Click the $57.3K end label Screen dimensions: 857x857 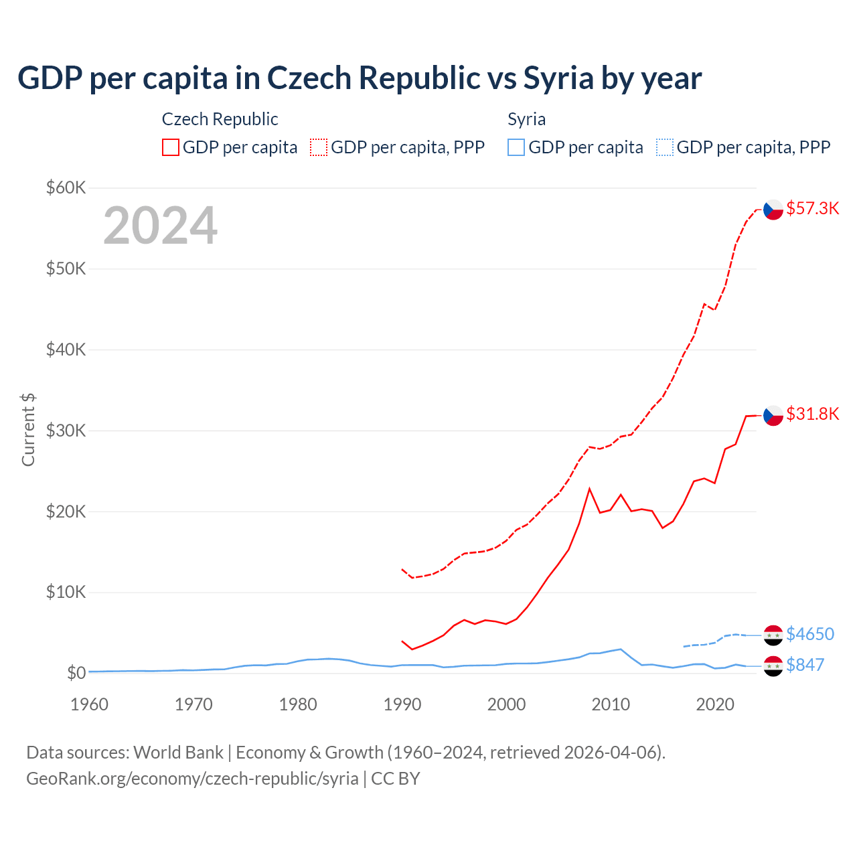[x=812, y=208]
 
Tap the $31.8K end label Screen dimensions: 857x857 [x=812, y=414]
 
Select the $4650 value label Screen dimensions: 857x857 [x=810, y=634]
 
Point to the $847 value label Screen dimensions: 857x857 [x=805, y=665]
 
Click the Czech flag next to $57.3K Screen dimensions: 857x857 [x=773, y=210]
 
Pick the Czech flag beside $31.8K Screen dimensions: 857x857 [x=773, y=415]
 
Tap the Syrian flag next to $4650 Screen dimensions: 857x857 [x=773, y=635]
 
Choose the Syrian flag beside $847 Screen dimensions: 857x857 [x=773, y=666]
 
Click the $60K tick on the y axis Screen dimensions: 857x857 [x=66, y=187]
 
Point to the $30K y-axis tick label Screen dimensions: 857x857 [x=66, y=431]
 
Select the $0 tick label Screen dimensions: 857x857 [x=76, y=673]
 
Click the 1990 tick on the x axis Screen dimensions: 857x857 [x=402, y=704]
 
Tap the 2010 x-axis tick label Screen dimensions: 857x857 [x=611, y=704]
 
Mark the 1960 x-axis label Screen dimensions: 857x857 [x=89, y=704]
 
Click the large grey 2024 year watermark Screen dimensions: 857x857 [x=161, y=226]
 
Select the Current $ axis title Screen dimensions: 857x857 [x=28, y=429]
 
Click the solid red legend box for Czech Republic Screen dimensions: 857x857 [x=171, y=147]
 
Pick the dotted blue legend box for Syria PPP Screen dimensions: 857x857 [x=665, y=147]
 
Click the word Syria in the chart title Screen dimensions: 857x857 [x=558, y=78]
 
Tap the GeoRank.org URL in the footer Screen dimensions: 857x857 [x=192, y=779]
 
